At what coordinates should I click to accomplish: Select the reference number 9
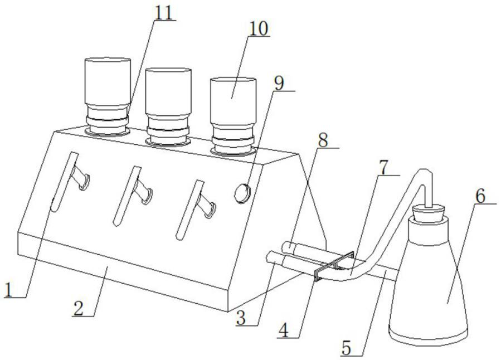tap(279, 82)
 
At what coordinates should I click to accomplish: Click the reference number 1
tap(9, 289)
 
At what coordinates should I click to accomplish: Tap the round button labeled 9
tap(241, 193)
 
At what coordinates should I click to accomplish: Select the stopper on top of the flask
tap(428, 212)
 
